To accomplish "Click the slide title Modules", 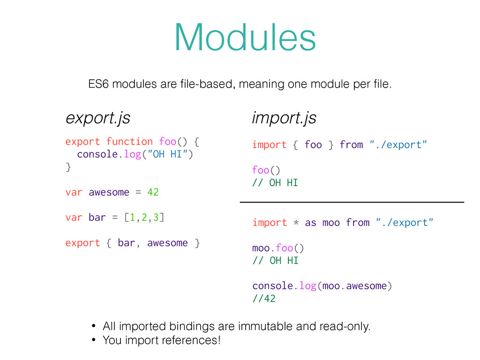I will [x=245, y=38].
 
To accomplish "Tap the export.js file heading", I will [x=97, y=119].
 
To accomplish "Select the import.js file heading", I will [x=284, y=118].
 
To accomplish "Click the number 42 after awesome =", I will [x=153, y=192].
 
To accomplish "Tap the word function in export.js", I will [x=129, y=142].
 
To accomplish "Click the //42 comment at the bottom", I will [x=263, y=299].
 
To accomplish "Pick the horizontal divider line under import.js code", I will [x=352, y=202].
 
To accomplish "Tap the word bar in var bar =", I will [x=97, y=217].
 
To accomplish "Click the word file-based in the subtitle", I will [x=204, y=85].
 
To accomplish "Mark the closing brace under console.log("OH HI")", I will [x=68, y=167].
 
